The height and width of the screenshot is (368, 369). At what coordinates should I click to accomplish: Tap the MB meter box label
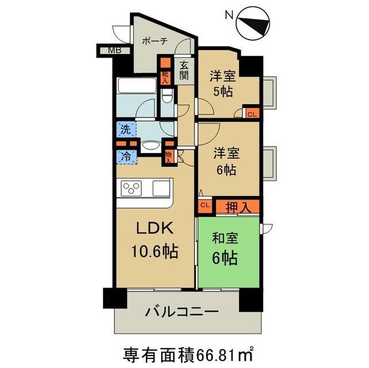115,50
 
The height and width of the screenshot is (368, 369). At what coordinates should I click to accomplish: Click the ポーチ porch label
155,41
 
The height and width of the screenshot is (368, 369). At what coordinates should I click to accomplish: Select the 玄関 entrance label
184,71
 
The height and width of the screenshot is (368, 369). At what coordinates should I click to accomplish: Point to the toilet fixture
168,95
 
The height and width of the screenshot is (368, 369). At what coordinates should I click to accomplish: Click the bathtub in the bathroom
137,85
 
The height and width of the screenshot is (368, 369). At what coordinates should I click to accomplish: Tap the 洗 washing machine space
126,129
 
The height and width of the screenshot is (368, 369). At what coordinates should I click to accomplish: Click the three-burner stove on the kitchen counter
131,188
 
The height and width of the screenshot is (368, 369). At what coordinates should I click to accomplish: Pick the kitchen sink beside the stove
161,188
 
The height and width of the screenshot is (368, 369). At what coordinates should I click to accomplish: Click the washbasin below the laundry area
151,147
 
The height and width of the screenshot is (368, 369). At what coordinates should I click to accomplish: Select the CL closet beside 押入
205,205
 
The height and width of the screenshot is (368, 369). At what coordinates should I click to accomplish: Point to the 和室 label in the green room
225,238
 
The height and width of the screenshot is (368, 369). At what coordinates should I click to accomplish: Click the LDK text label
155,228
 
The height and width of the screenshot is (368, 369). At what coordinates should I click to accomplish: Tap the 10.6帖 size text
154,251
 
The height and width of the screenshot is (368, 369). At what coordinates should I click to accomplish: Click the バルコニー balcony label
182,312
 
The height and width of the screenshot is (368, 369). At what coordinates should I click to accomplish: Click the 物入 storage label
168,157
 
